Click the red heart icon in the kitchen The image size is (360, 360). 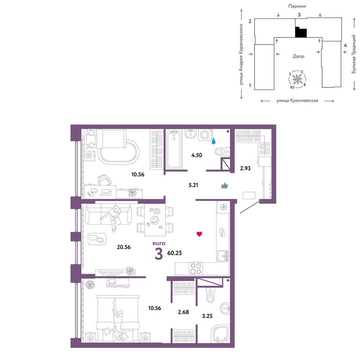coord(199,234)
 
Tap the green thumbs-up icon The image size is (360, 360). coord(225,186)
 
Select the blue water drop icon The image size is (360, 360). coord(213,141)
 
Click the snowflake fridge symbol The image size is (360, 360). coord(223,207)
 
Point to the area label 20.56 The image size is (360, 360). coord(123,247)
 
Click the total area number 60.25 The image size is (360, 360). coord(174,253)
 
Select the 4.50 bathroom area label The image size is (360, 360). coord(196,155)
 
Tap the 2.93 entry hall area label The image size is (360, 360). coord(245,168)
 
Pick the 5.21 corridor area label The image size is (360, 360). coord(193,185)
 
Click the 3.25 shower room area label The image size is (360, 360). coord(207,316)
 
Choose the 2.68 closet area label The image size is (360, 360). coord(183,312)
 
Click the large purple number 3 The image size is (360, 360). coord(159,254)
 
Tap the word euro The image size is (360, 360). coord(159,243)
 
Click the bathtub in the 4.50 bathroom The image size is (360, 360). coord(174,150)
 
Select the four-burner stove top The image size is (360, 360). coord(196,268)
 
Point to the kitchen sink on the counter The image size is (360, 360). coord(222,256)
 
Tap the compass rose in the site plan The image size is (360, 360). coord(297,79)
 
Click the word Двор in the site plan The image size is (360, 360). coord(298,56)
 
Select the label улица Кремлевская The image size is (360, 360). coord(297,100)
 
